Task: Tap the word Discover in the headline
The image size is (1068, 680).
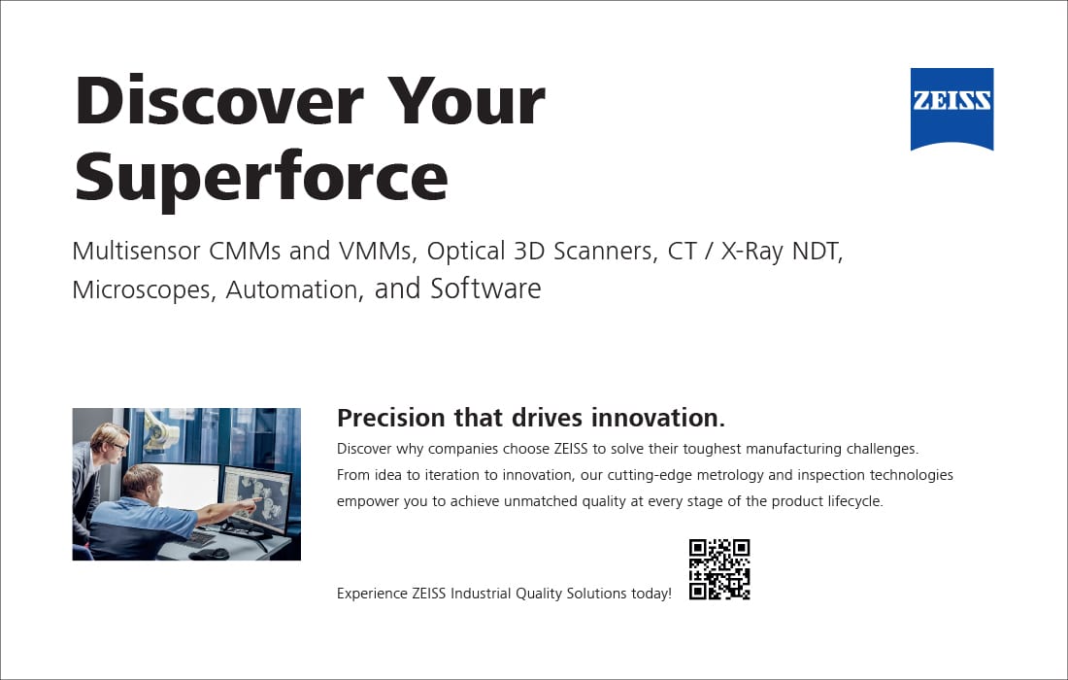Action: pos(218,101)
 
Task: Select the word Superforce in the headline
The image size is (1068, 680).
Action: pos(261,177)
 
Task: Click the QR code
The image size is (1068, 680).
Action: pos(719,569)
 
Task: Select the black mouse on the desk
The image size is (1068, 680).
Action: pos(210,554)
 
